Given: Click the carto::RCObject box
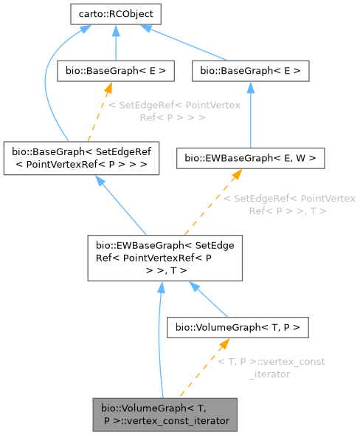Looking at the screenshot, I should [115, 13].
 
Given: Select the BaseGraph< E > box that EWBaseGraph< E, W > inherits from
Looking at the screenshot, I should [249, 72].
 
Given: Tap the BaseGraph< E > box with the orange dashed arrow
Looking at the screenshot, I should [116, 72].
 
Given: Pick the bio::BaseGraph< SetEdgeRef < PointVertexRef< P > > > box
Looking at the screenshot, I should [82, 156].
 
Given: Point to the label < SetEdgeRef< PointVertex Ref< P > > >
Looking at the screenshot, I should [174, 112].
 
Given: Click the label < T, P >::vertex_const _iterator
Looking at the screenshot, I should [270, 367].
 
